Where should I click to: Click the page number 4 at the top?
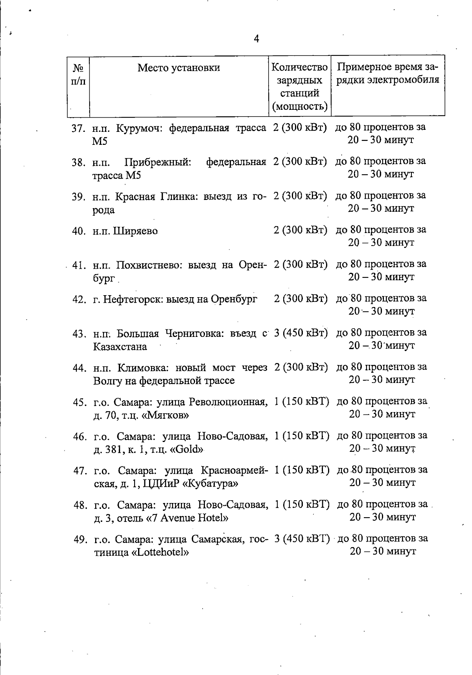[x=256, y=39]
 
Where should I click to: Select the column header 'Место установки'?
[x=179, y=68]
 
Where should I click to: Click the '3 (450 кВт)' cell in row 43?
[x=301, y=333]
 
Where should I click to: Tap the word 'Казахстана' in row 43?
[x=120, y=347]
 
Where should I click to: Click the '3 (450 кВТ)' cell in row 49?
[x=302, y=538]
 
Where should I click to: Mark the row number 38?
[x=78, y=162]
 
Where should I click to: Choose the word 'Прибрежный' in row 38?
[x=158, y=162]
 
